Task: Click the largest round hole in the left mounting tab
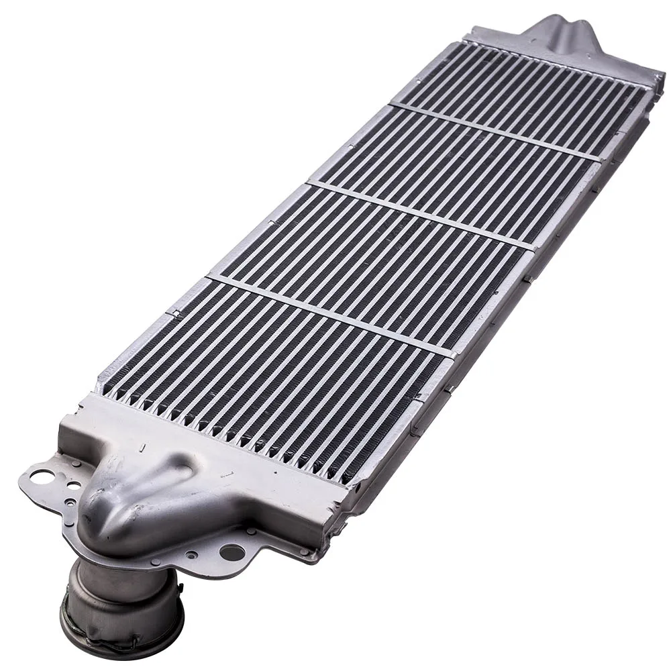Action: (42, 477)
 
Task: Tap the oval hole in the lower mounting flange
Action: (232, 552)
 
